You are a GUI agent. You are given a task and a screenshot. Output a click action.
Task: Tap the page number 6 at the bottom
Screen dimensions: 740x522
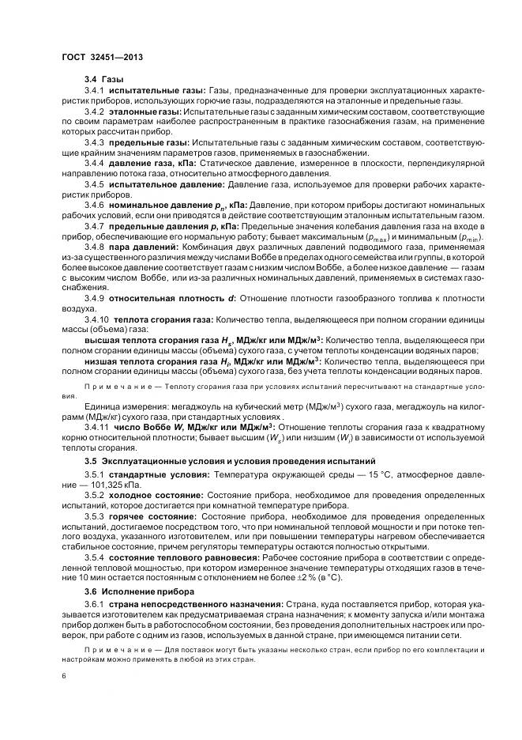(63, 676)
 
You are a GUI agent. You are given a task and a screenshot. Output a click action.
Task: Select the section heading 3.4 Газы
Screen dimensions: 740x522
(103, 80)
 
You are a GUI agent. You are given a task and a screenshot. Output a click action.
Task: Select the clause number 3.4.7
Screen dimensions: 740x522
(94, 226)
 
